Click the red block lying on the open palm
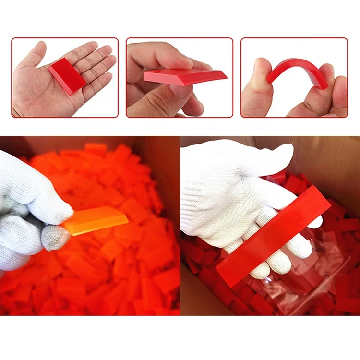click(67, 76)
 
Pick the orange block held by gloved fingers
click(96, 222)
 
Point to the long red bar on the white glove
click(274, 235)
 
